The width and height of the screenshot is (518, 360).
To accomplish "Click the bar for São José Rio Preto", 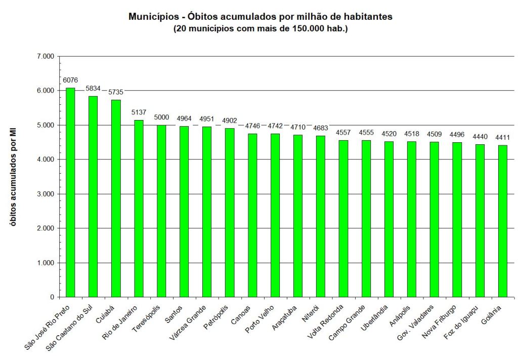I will (x=70, y=192).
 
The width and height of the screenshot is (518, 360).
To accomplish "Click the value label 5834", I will (x=93, y=88).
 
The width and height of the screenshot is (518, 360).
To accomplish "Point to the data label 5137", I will (x=139, y=112).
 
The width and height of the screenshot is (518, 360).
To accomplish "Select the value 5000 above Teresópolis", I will (x=161, y=117).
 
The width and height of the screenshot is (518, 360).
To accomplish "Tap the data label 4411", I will (x=502, y=137).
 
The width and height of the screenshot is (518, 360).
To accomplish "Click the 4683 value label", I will (x=321, y=128).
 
